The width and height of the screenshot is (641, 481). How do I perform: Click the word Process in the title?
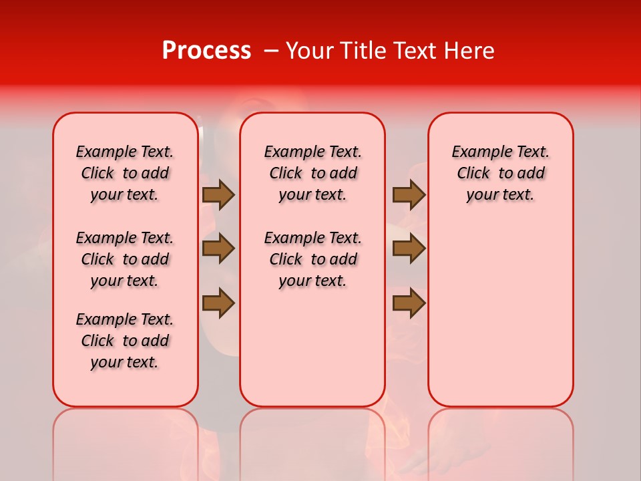point(206,51)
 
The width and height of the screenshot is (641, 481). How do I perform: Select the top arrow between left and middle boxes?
point(218,194)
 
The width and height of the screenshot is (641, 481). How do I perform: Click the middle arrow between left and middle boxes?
point(218,249)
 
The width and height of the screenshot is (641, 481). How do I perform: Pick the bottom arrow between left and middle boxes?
point(218,303)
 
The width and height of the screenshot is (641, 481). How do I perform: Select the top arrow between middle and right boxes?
point(409,194)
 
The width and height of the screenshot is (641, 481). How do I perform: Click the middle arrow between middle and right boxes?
point(409,249)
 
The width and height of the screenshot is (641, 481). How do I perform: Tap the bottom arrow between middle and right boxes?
point(409,303)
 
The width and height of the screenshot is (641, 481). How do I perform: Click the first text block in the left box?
point(125,173)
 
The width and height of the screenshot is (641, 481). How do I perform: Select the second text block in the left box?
point(125,259)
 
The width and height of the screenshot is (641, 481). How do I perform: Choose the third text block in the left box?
point(125,341)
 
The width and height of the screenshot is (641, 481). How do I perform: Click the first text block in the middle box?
point(313,173)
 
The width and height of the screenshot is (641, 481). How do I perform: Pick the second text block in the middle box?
point(313,259)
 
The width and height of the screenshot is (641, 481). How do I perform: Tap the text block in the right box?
point(501,173)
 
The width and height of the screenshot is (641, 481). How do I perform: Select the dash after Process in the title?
point(271,51)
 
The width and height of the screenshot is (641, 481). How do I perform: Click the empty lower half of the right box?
point(501,321)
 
